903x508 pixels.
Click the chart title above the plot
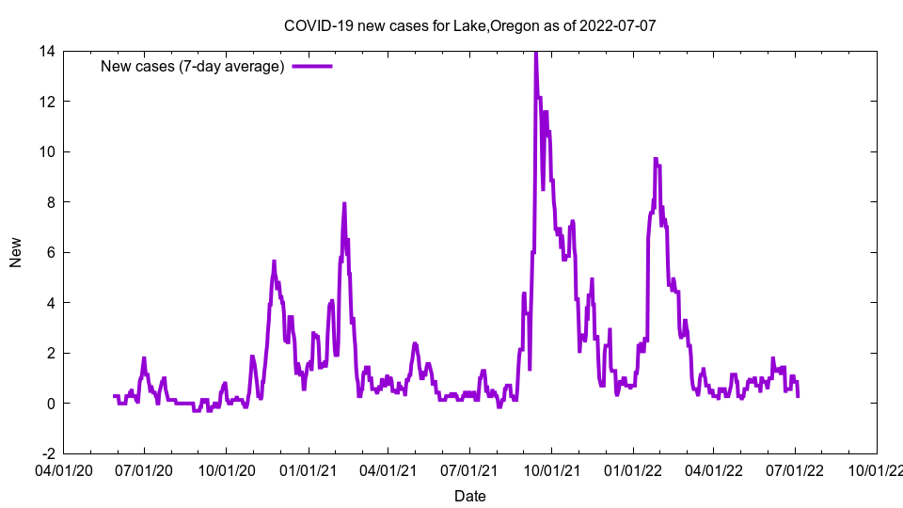469,25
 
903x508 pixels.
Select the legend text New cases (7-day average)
192,66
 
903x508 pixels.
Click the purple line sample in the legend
312,66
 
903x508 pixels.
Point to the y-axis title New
16,252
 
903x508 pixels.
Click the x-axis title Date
469,496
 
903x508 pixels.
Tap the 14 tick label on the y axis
46,51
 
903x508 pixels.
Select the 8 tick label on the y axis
50,202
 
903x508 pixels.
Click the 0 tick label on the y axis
50,404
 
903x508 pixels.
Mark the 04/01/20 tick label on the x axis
63,468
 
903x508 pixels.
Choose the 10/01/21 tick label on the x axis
551,468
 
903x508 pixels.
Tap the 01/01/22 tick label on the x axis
633,468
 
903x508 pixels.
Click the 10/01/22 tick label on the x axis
877,468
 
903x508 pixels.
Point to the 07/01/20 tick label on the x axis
144,468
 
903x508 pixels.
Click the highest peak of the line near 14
535,53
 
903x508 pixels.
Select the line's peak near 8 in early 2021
344,203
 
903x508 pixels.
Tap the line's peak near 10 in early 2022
656,159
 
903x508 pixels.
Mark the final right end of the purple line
798,396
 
